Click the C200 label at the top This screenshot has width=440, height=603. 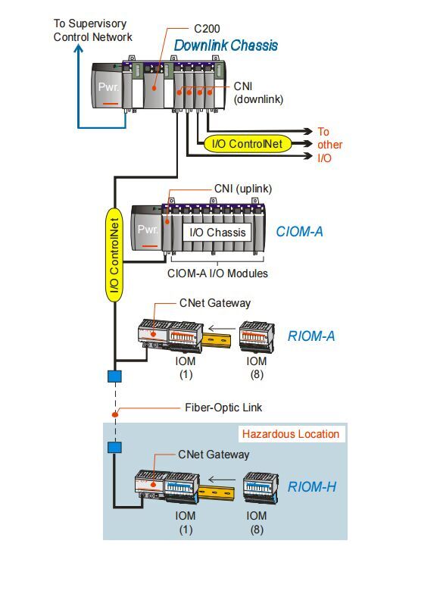coord(207,29)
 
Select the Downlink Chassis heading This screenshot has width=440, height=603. coord(226,45)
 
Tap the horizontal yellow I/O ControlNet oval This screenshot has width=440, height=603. coord(248,144)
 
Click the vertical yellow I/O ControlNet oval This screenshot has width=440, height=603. coord(114,255)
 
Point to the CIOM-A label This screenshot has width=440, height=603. coord(300,232)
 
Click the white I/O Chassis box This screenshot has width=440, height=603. coord(217,233)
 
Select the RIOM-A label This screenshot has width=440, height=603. coord(311,336)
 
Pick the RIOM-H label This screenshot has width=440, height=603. coord(312,487)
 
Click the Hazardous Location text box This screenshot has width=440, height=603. coord(291,434)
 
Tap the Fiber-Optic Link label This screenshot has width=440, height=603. coord(223,408)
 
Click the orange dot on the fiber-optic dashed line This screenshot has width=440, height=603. coord(114,414)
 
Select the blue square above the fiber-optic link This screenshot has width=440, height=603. coord(114,376)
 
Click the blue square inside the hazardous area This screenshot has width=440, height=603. coord(114,447)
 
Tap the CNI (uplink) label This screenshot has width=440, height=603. coord(242,189)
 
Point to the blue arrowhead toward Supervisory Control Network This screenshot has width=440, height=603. coord(79,48)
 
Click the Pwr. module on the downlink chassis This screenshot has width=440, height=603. coord(108,87)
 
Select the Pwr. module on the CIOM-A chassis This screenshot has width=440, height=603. coord(147,230)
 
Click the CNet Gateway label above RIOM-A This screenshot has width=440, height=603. coord(215,303)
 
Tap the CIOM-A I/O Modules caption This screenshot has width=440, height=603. coord(217,273)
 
